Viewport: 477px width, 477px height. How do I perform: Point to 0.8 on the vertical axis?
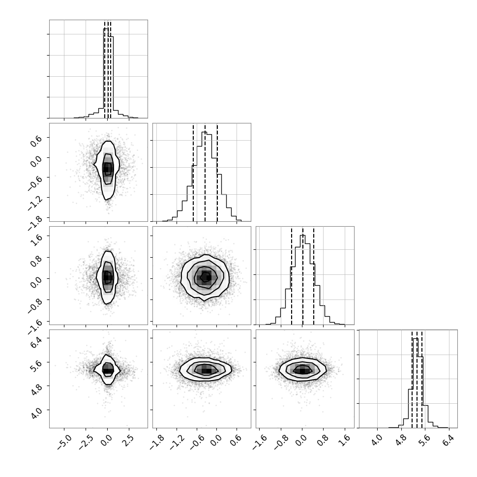click(x=36, y=261)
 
